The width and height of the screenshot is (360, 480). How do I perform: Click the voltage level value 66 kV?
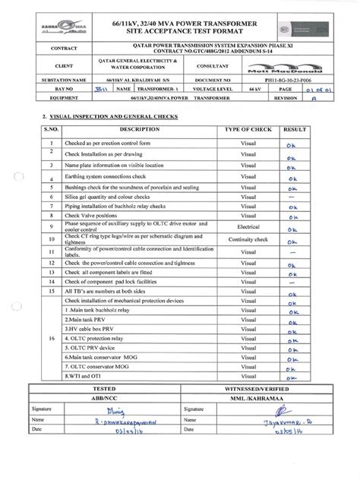(245, 109)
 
